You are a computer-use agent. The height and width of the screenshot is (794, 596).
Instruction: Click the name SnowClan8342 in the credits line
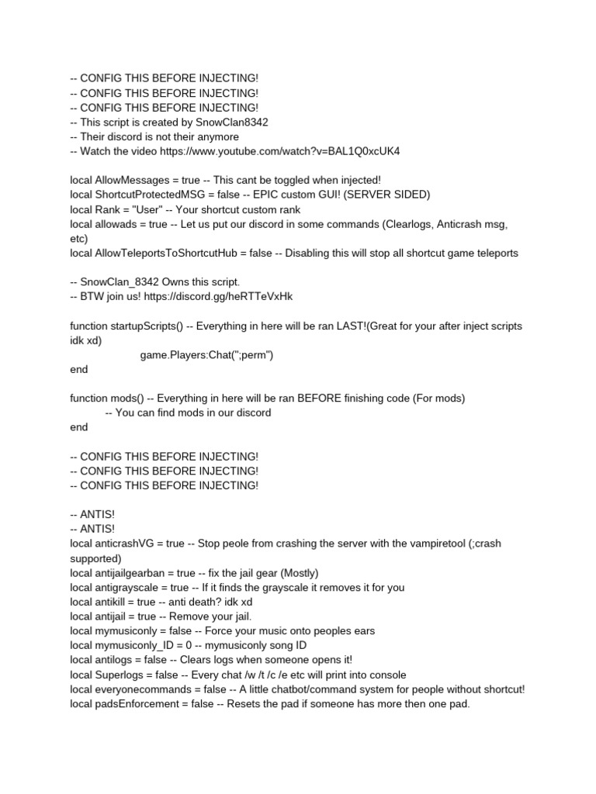[x=234, y=122]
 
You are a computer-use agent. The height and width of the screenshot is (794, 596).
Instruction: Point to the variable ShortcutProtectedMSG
[x=151, y=195]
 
